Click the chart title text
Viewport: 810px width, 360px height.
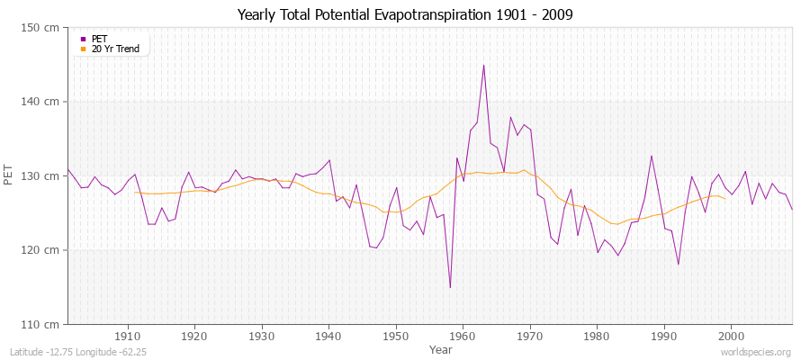tap(404, 15)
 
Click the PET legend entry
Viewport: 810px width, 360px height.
tap(99, 39)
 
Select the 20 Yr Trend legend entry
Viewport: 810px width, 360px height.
tap(115, 49)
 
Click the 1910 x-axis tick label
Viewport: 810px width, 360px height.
tap(128, 337)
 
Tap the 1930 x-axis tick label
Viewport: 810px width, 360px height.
tap(262, 337)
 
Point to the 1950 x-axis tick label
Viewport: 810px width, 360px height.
tap(396, 337)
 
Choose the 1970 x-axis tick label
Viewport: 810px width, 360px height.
tap(530, 337)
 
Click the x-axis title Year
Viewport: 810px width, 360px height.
tap(441, 348)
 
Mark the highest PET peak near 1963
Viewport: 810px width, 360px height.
tap(483, 65)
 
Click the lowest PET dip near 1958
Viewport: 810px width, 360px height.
tap(450, 287)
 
